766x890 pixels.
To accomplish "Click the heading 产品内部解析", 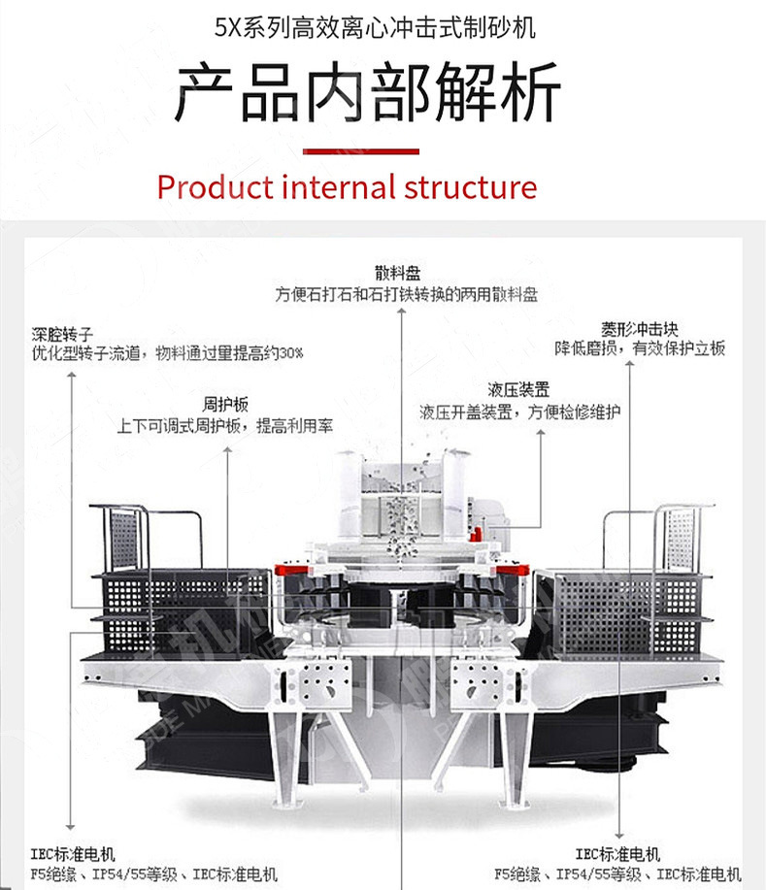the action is coord(368,93).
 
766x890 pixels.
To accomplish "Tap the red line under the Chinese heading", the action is coord(361,151).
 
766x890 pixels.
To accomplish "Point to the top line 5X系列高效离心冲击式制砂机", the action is coord(375,26).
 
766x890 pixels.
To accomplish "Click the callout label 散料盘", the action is coord(400,273).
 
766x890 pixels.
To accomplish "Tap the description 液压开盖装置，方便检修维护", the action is coord(519,412).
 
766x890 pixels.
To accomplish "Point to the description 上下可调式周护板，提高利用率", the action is coord(226,425).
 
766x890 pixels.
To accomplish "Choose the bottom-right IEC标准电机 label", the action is coord(617,854).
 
